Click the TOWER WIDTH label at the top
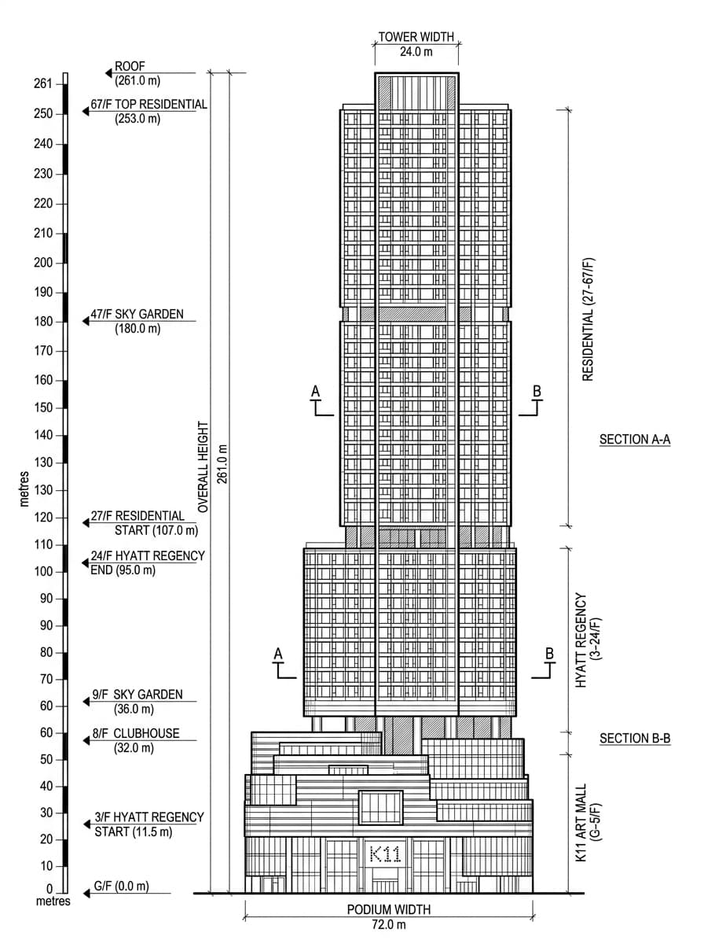(x=416, y=37)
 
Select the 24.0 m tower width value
(x=416, y=52)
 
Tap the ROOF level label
(x=130, y=66)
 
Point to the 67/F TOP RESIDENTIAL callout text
(x=148, y=105)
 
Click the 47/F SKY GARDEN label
(x=137, y=315)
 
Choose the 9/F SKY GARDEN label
(x=137, y=695)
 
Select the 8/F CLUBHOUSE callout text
(x=136, y=733)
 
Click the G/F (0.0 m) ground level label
(x=122, y=887)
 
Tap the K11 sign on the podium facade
(x=385, y=854)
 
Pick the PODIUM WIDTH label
(x=389, y=910)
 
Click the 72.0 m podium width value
(x=389, y=924)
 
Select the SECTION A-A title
(x=635, y=440)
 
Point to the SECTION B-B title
(x=635, y=739)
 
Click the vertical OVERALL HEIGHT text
(x=203, y=467)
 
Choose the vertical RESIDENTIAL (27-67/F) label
(x=588, y=319)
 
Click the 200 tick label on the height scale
(x=43, y=263)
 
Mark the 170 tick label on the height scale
(x=43, y=351)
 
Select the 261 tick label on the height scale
(x=43, y=83)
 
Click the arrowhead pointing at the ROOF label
(x=108, y=73)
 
